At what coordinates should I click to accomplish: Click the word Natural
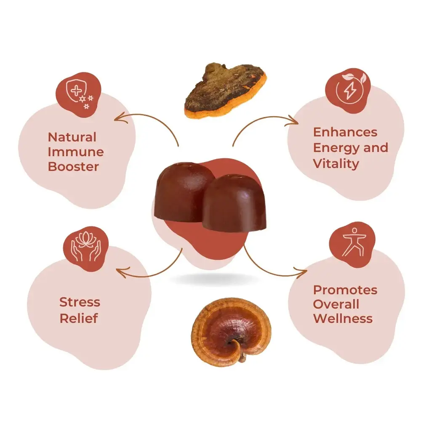pos(72,137)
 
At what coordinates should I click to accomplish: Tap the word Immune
pos(76,152)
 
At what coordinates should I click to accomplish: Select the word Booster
pos(73,166)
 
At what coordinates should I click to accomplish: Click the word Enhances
pos(345,132)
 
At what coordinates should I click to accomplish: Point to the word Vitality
pos(335,163)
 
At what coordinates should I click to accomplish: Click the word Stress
pos(80,302)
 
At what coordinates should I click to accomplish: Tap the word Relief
pos(78,318)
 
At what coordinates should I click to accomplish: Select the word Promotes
pos(345,290)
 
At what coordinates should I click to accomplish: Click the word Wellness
pos(343,318)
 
